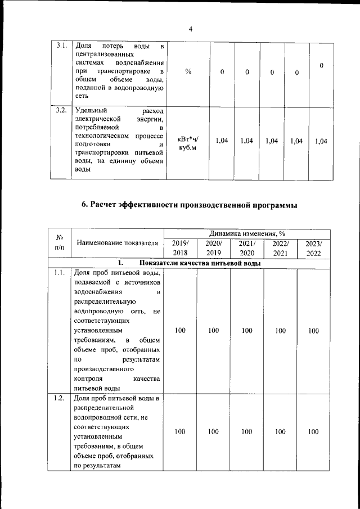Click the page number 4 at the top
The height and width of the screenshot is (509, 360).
[191, 30]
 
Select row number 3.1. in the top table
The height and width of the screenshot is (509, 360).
[62, 46]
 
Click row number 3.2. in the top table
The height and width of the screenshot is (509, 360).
[62, 110]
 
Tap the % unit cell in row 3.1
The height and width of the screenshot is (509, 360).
[188, 72]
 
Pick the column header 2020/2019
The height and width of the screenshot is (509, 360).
[213, 249]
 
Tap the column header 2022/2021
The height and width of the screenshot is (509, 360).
[280, 249]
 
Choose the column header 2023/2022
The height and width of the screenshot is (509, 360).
[313, 249]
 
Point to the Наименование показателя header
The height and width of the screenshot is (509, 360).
[117, 243]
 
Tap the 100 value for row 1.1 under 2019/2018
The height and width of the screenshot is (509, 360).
[180, 331]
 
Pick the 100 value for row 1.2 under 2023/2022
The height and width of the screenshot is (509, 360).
[313, 432]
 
